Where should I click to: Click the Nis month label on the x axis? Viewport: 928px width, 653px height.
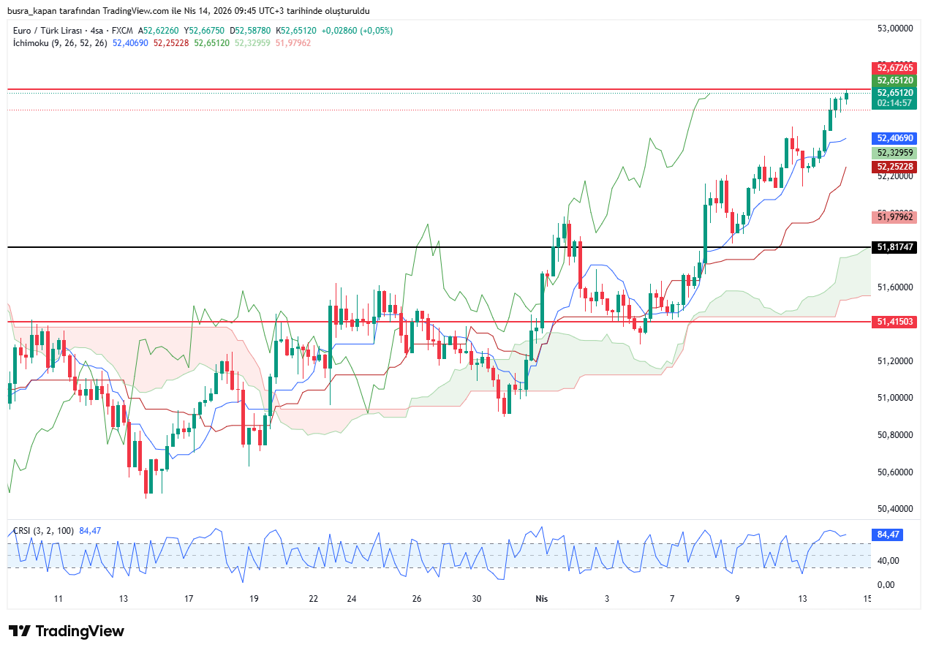click(541, 599)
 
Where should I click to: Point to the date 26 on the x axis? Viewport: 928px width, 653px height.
click(417, 599)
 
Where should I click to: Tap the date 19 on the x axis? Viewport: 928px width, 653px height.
click(254, 599)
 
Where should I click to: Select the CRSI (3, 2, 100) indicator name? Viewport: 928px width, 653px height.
click(43, 530)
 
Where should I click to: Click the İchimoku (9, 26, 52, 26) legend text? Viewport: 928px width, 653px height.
click(60, 43)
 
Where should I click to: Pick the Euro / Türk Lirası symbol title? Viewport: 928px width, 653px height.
click(48, 31)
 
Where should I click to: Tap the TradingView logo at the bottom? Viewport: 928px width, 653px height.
click(67, 631)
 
